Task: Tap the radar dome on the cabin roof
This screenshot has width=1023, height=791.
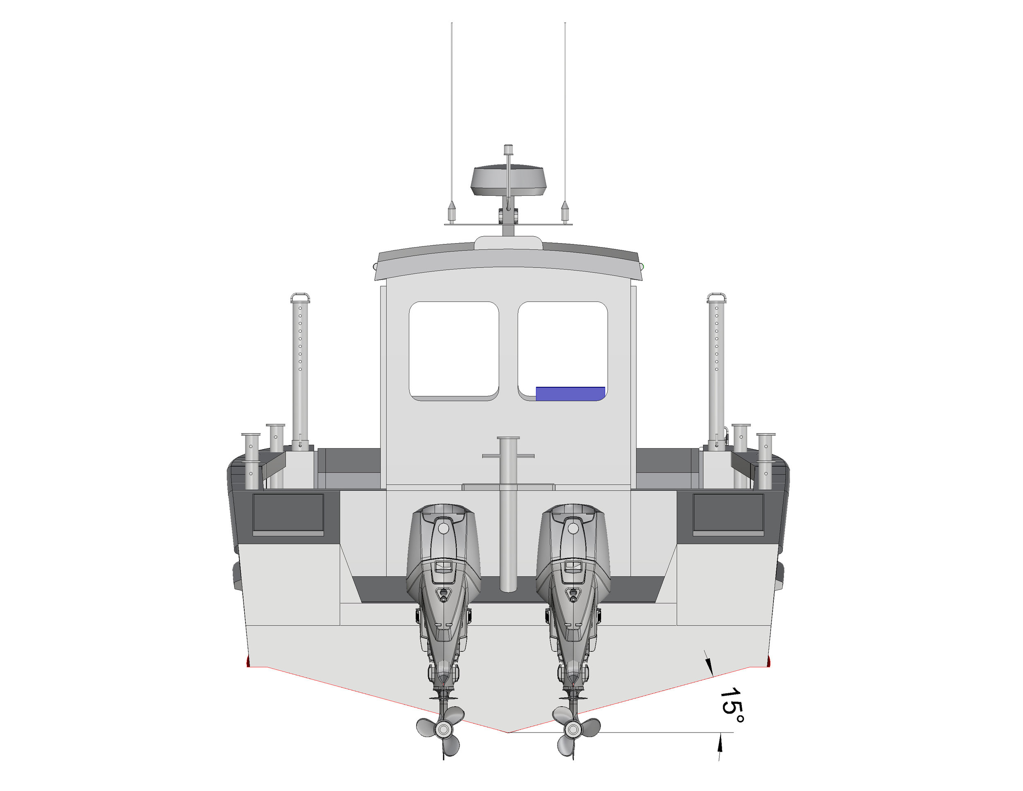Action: click(508, 181)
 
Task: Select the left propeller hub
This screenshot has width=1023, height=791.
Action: click(443, 729)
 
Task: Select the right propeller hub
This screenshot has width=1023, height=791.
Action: click(572, 730)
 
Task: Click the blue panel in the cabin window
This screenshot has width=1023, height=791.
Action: click(570, 393)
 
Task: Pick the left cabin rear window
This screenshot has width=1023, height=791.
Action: click(453, 350)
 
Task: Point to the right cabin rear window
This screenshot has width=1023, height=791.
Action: click(563, 347)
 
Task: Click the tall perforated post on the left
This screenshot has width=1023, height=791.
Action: click(300, 370)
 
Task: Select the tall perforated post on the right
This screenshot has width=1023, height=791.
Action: click(716, 370)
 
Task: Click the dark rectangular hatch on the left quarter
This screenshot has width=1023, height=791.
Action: click(288, 513)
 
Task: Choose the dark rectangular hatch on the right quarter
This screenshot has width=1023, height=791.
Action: click(728, 513)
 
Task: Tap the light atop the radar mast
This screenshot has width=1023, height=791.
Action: click(508, 149)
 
